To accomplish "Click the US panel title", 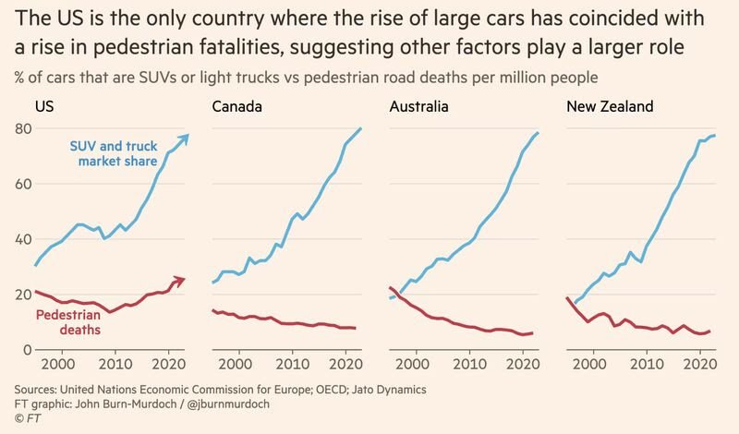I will (43, 107).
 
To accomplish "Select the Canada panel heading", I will (236, 107).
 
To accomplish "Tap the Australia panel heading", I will (418, 107).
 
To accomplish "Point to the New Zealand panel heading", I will (610, 107).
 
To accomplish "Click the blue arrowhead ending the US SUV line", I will (185, 137).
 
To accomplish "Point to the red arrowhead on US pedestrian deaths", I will (182, 279).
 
